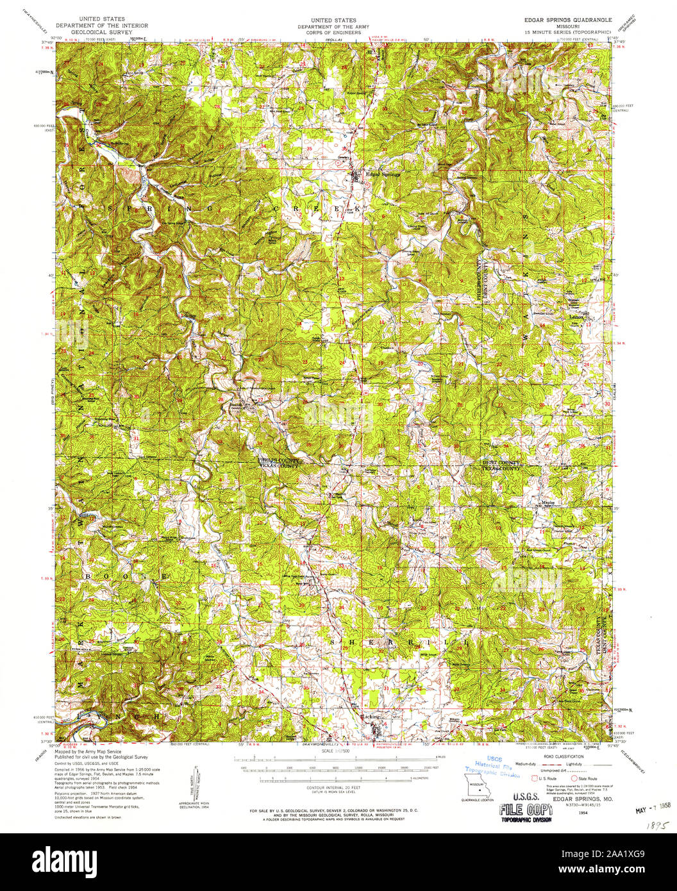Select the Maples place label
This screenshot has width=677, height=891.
coord(547,503)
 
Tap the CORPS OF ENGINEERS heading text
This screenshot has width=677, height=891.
coord(330,31)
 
